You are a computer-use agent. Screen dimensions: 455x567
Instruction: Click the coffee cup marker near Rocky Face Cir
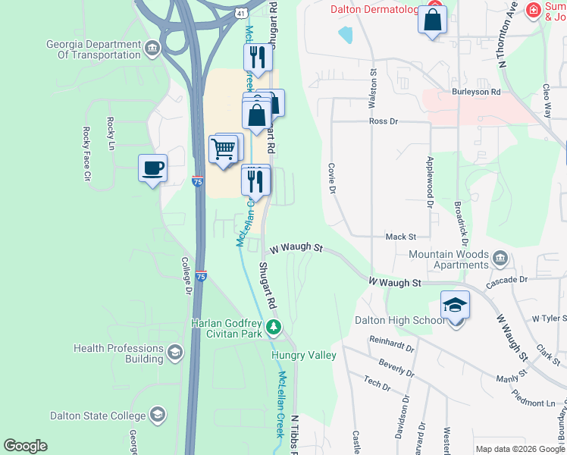pyautogui.click(x=152, y=168)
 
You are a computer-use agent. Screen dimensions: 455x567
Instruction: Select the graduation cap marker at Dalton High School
pyautogui.click(x=455, y=305)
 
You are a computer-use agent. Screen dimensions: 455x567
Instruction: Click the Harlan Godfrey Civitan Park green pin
pyautogui.click(x=274, y=329)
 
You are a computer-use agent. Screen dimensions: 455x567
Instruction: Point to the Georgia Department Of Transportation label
pyautogui.click(x=93, y=50)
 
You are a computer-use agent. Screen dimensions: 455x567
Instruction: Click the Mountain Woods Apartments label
pyautogui.click(x=450, y=260)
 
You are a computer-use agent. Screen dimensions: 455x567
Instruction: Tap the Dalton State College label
pyautogui.click(x=98, y=416)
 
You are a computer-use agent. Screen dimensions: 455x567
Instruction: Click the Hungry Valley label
pyautogui.click(x=304, y=355)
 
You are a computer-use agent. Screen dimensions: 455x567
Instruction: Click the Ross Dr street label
pyautogui.click(x=383, y=121)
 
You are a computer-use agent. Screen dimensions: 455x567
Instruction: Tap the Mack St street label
pyautogui.click(x=400, y=237)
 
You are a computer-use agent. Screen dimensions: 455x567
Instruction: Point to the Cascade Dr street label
pyautogui.click(x=507, y=280)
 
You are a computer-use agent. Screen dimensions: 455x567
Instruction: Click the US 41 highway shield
pyautogui.click(x=240, y=14)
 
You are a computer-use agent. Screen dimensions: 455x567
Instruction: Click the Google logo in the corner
pyautogui.click(x=25, y=446)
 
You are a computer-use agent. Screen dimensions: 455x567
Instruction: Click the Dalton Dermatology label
pyautogui.click(x=374, y=10)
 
